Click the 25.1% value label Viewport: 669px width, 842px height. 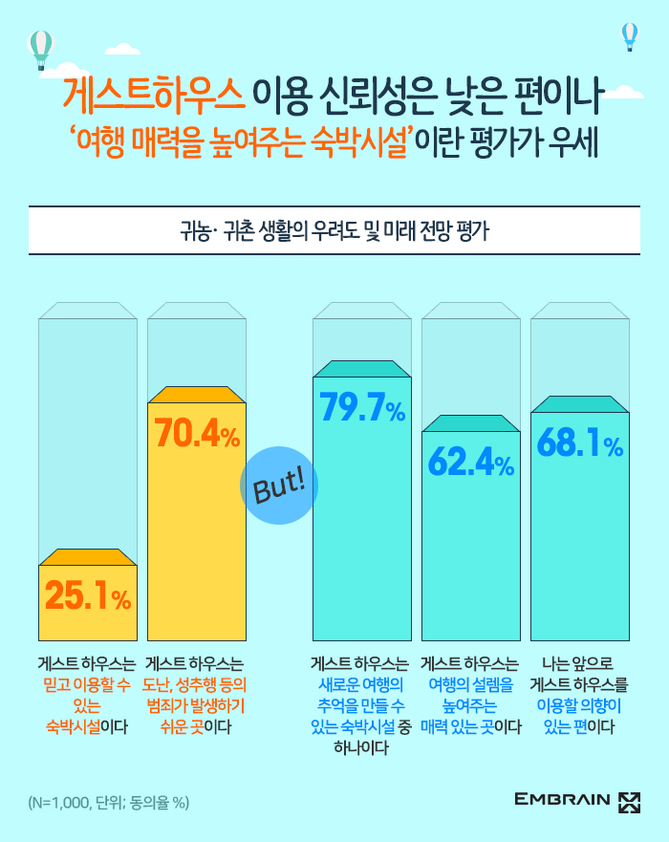pyautogui.click(x=87, y=597)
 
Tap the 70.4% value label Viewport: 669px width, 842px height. pyautogui.click(x=197, y=435)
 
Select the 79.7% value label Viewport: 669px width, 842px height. pyautogui.click(x=362, y=409)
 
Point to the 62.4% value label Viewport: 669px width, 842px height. pyautogui.click(x=471, y=464)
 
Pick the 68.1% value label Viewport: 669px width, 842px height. pyautogui.click(x=580, y=444)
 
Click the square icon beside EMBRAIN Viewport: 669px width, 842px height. pyautogui.click(x=629, y=800)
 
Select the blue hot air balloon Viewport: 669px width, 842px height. pyautogui.click(x=629, y=36)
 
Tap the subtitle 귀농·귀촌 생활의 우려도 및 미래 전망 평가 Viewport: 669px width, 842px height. pyautogui.click(x=334, y=230)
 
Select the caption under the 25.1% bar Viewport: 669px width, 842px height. pyautogui.click(x=87, y=695)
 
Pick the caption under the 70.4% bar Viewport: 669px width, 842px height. pyautogui.click(x=195, y=695)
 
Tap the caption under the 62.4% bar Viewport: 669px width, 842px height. pyautogui.click(x=471, y=695)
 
